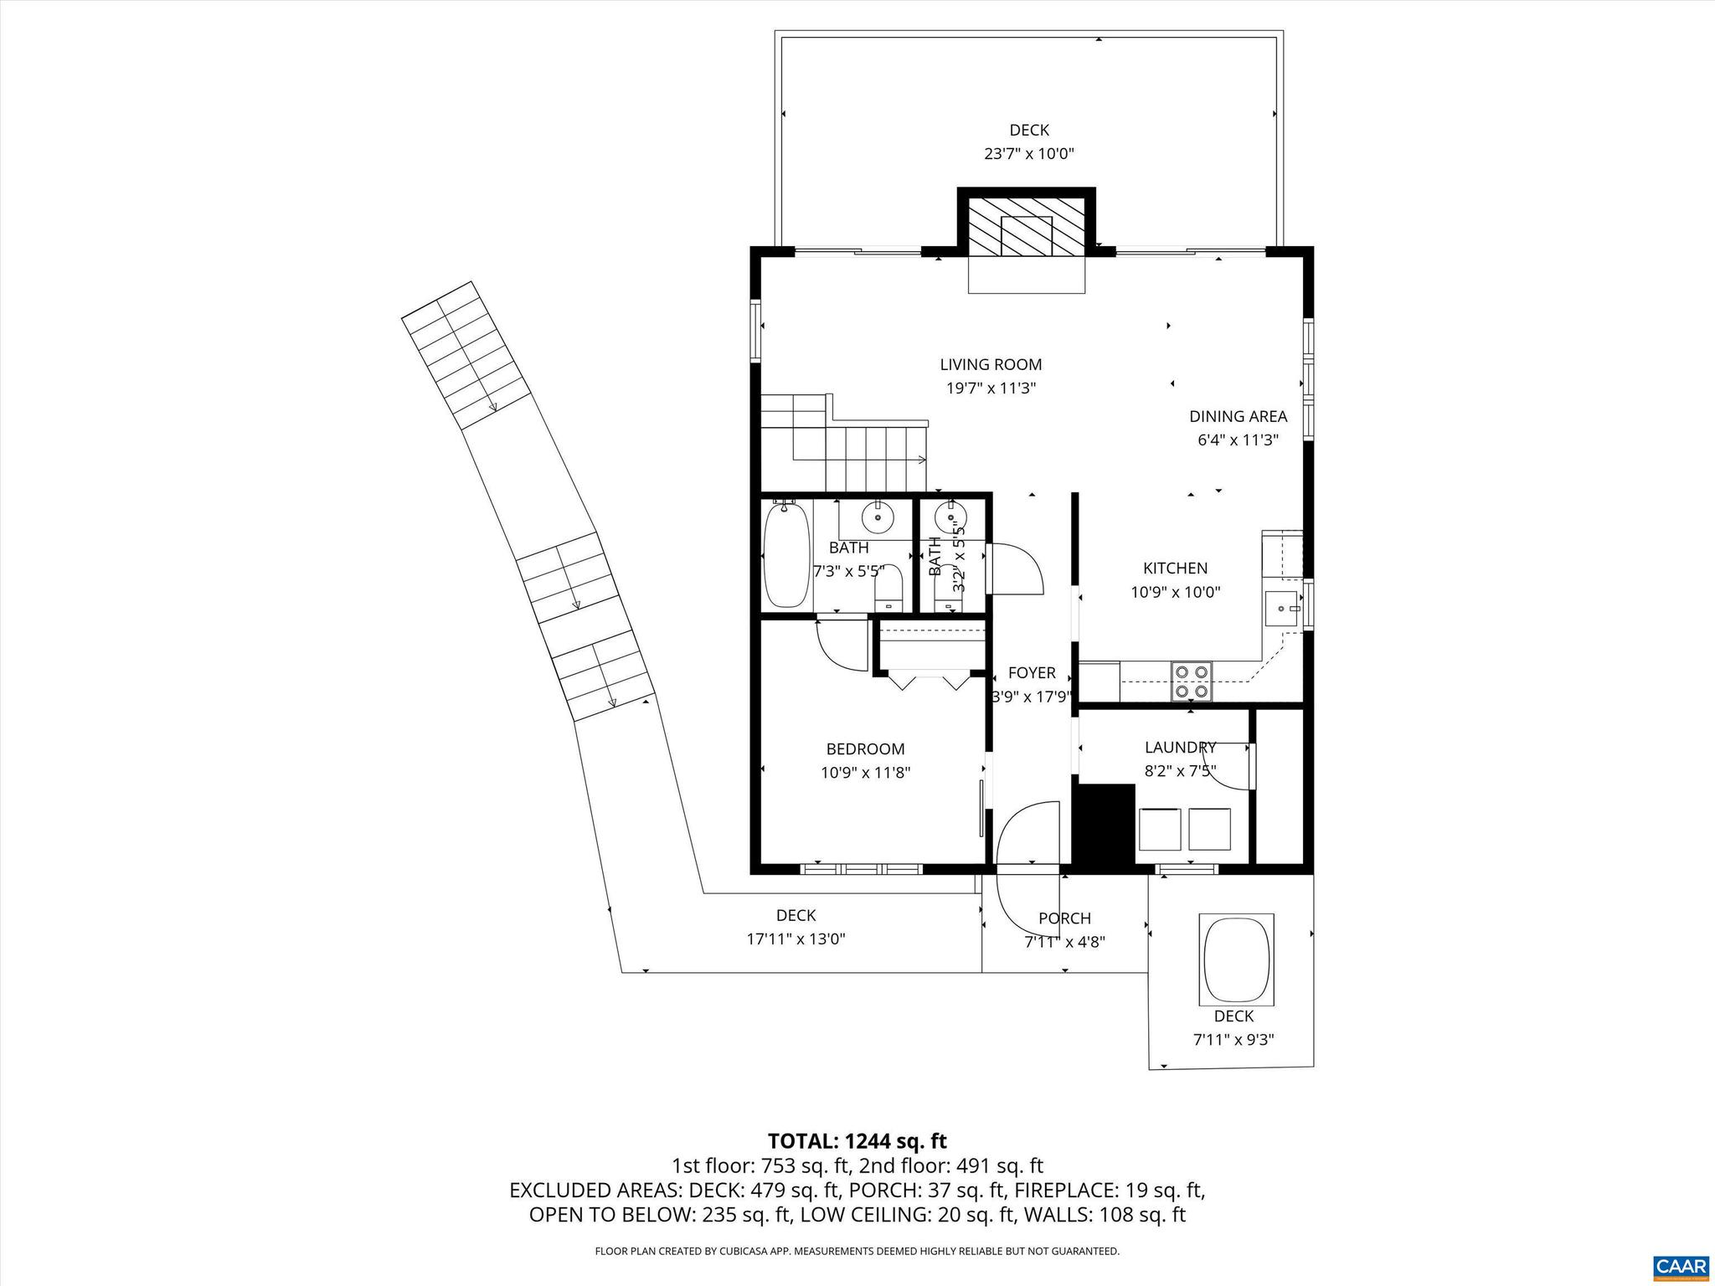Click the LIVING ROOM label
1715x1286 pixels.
991,364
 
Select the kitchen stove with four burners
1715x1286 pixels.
1191,681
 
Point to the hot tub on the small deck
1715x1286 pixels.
1237,959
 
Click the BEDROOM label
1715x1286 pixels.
865,749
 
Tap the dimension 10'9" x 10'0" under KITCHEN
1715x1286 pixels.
1175,592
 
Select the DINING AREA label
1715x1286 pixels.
1238,416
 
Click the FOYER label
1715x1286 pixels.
1031,673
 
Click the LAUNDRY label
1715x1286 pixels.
1180,747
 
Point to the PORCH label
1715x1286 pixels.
1064,918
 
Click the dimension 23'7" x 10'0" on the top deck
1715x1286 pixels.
1028,154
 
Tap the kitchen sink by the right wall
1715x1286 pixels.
1281,606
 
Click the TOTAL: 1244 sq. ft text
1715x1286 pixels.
857,1140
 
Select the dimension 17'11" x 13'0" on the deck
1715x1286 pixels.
796,939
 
